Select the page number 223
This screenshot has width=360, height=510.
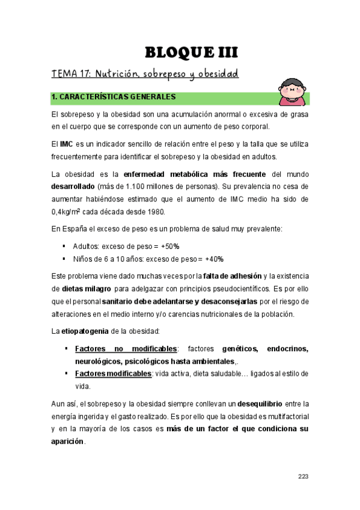pos(303,477)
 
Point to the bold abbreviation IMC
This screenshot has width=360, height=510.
pos(66,144)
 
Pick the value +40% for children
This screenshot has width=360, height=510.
pos(213,259)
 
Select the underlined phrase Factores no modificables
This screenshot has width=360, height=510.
pos(126,349)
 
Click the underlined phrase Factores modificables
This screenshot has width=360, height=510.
pos(113,373)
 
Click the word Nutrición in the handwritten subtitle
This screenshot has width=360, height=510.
pos(118,75)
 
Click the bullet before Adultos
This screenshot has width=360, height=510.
pos(64,246)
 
